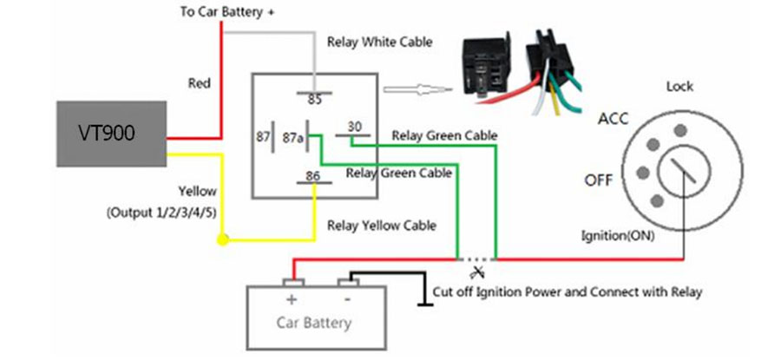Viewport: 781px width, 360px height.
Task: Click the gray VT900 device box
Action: pos(111,134)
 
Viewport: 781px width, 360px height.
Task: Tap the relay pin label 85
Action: pos(315,100)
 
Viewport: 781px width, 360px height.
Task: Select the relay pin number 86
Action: pos(314,176)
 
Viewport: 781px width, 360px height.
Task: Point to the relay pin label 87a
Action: pos(293,137)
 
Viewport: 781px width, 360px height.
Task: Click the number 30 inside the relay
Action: pos(355,127)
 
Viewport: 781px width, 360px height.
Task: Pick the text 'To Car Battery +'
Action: pos(227,12)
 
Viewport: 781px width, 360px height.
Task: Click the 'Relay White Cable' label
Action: pos(379,42)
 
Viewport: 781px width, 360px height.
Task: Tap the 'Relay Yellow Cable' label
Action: pos(382,226)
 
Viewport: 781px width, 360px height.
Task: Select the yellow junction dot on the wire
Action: pos(223,240)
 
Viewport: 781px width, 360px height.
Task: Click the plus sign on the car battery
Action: pos(291,300)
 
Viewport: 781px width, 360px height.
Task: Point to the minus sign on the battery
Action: pos(348,299)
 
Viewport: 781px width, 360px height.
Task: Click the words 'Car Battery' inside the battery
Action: pos(314,323)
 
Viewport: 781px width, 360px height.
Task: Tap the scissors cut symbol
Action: pos(479,272)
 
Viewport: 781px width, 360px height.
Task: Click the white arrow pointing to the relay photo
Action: pos(418,90)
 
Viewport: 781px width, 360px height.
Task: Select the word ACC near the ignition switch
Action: pos(614,119)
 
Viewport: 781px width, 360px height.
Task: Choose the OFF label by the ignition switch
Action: pos(599,180)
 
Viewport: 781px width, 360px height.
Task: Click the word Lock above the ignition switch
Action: pos(679,87)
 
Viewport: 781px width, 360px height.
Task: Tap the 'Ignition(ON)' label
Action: pos(618,236)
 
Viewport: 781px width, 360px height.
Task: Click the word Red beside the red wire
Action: pos(200,83)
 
